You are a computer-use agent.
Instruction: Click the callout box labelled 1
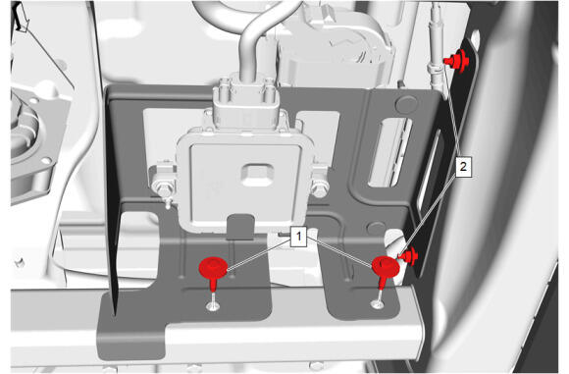point(298,237)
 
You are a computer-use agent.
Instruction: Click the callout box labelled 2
point(463,167)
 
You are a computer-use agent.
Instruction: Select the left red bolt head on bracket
point(213,268)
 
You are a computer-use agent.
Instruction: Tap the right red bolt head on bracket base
point(386,266)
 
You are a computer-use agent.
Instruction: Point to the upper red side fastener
point(457,61)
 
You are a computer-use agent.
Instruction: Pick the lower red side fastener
point(408,256)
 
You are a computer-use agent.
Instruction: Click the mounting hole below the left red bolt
point(213,306)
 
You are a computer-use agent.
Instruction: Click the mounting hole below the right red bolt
point(377,303)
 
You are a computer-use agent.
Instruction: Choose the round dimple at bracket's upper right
point(406,104)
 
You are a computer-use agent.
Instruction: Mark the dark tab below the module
point(240,227)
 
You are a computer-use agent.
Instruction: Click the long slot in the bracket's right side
point(389,152)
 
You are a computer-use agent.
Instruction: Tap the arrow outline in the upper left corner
point(21,18)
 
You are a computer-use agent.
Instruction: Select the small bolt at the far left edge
point(18,262)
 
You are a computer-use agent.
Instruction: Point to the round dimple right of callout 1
point(377,228)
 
